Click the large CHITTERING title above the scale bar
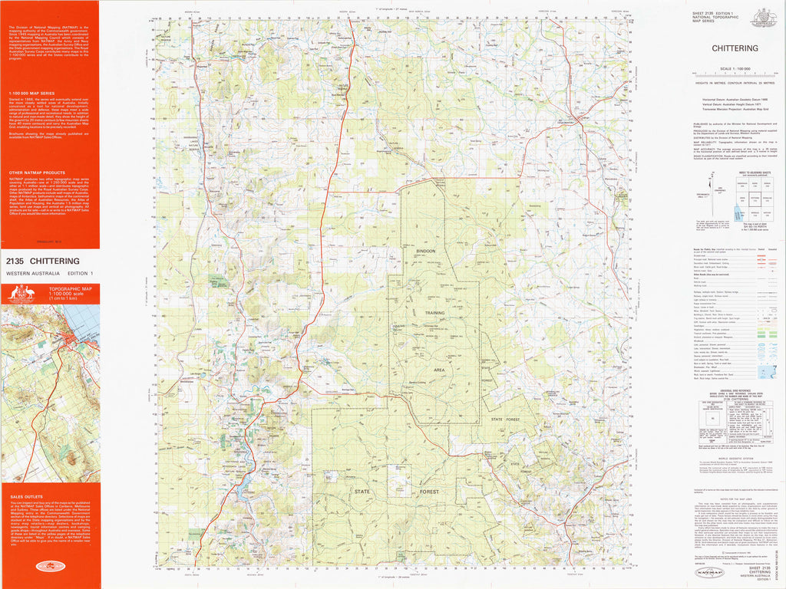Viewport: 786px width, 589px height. pos(735,48)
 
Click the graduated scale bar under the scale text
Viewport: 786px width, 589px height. pos(735,74)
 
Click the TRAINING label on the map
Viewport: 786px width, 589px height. pos(434,312)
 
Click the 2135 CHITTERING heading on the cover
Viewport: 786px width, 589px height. pos(45,261)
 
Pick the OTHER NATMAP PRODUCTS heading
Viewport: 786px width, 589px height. pos(36,173)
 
